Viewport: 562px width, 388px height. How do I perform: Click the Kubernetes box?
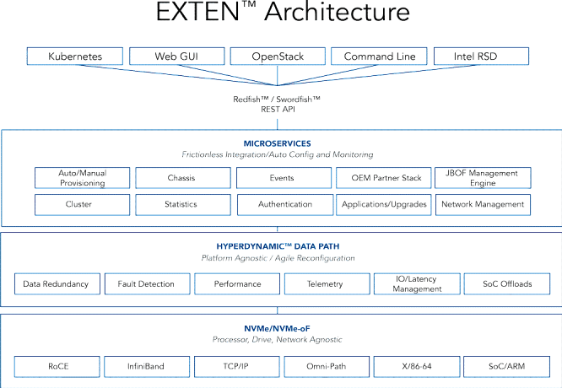coord(75,57)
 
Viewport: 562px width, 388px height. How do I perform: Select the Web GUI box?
coord(176,57)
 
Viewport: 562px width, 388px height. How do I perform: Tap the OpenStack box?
coord(278,57)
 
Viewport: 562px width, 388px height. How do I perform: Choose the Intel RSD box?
coord(481,57)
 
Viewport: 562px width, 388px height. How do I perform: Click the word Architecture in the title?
coord(338,12)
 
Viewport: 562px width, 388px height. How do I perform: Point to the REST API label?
coord(278,110)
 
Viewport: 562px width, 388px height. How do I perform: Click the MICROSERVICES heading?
coord(277,143)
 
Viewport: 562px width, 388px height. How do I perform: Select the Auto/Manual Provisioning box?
coord(83,178)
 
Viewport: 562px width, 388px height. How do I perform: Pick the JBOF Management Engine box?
coord(483,178)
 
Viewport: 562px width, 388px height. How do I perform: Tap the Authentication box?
coord(285,205)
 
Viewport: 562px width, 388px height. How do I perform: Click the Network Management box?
coord(483,205)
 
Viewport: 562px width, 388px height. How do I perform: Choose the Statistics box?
coord(183,205)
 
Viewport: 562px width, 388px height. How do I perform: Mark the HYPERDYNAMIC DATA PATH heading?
coord(278,246)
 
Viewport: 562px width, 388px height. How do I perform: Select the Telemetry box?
coord(327,283)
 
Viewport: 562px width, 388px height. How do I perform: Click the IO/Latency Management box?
coord(417,283)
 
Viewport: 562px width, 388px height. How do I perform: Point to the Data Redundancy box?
coord(57,283)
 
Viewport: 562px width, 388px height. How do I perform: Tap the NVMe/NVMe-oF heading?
coord(277,328)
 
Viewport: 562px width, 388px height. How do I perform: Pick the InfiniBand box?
coord(147,367)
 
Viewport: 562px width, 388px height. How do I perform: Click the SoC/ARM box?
coord(507,367)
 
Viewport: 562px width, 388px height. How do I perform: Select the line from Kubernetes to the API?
coord(177,75)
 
